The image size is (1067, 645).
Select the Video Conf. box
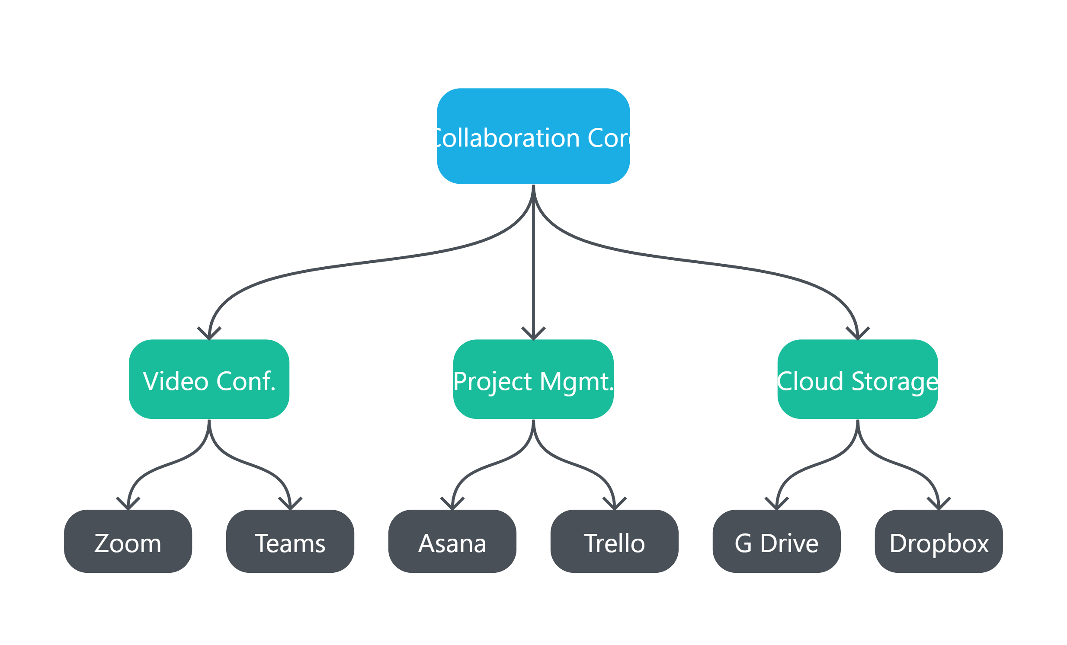209,379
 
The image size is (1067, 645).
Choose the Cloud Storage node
857,379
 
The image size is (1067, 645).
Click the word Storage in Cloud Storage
894,381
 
